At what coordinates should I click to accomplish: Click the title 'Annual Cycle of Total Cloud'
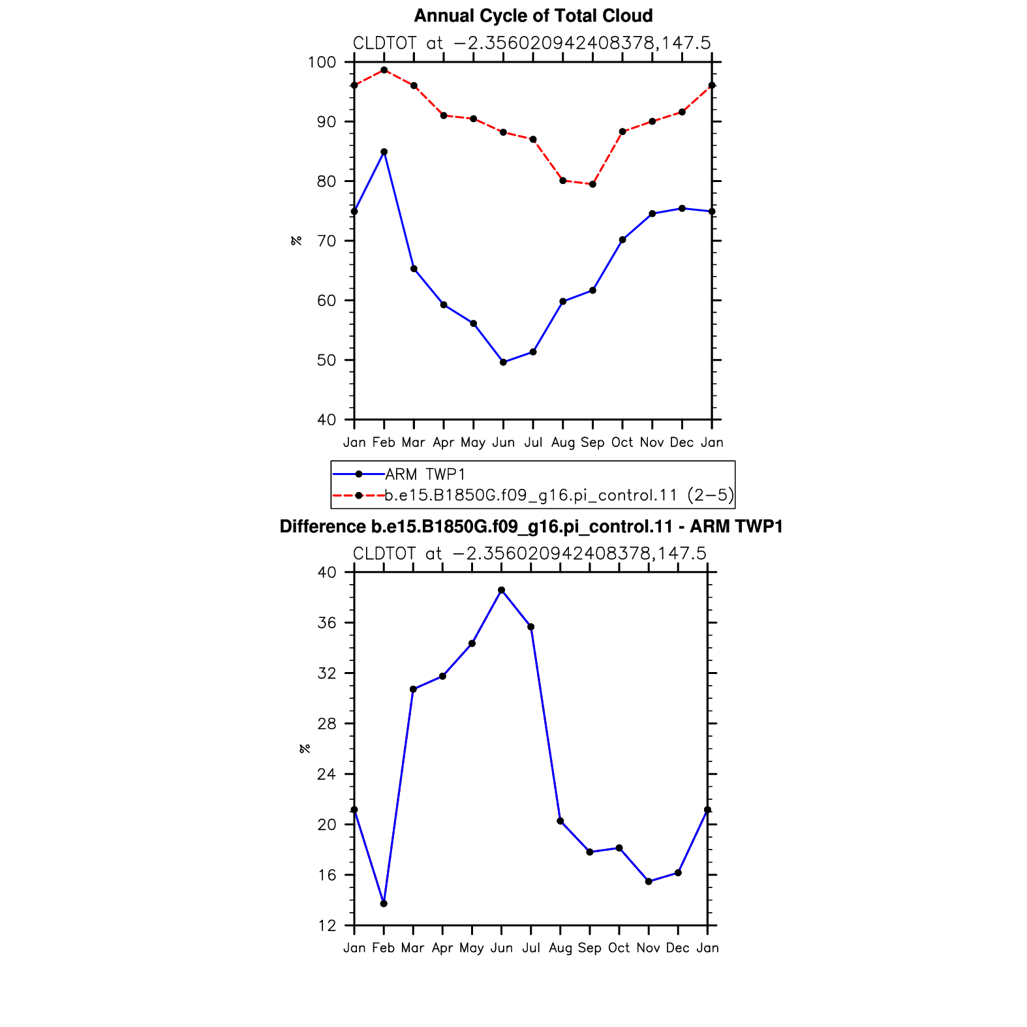click(533, 16)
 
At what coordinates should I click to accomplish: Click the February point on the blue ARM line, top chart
click(384, 152)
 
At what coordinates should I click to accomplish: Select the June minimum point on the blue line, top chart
click(503, 362)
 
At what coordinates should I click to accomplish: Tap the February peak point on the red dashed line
click(384, 70)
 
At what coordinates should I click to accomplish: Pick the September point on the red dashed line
click(592, 184)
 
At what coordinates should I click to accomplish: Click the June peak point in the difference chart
click(501, 590)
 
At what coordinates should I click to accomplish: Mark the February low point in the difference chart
click(384, 904)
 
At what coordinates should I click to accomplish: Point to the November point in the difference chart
click(649, 881)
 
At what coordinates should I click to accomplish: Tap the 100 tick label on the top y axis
click(322, 63)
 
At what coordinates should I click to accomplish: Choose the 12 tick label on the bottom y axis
click(328, 925)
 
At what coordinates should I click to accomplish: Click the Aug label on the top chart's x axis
click(563, 443)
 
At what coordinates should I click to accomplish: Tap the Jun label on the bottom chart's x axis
click(501, 948)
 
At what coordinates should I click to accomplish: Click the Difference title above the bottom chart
click(531, 527)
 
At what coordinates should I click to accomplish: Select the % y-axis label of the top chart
click(297, 241)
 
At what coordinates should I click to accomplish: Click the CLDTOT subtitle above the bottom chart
click(530, 554)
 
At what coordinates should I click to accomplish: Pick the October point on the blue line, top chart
click(622, 240)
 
